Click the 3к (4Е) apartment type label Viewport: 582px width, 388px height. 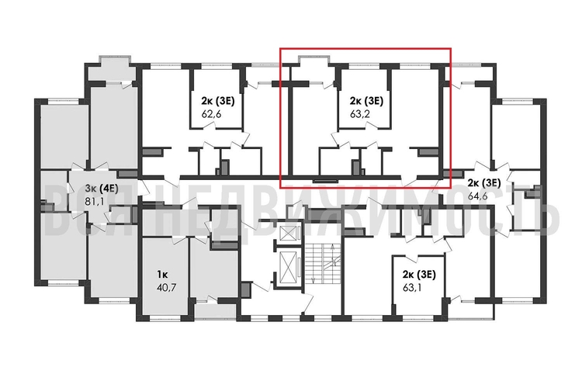pyautogui.click(x=100, y=188)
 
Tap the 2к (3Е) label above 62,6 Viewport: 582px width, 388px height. pyautogui.click(x=209, y=100)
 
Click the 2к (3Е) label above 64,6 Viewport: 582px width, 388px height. pyautogui.click(x=483, y=182)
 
